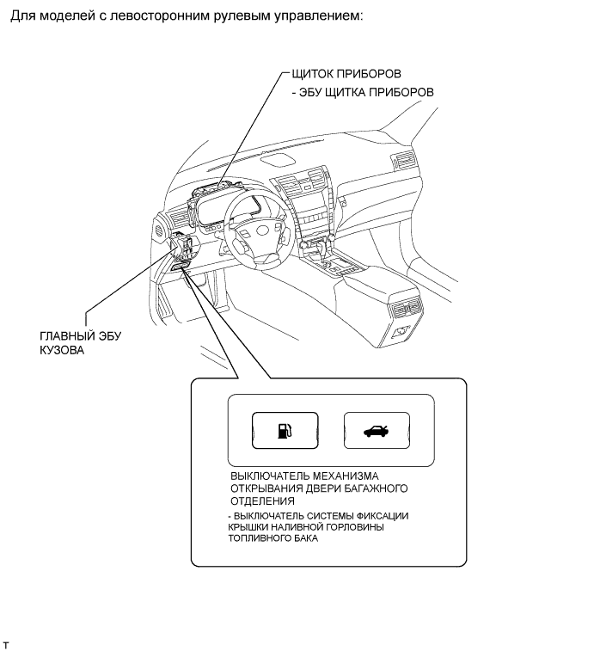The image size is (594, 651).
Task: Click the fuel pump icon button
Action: pos(285,431)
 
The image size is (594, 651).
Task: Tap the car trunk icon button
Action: pos(375,431)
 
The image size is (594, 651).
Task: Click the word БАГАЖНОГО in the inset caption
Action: pos(374,488)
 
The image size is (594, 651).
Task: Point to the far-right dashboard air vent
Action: pos(401,160)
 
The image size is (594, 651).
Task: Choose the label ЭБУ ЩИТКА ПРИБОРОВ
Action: pos(368,92)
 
